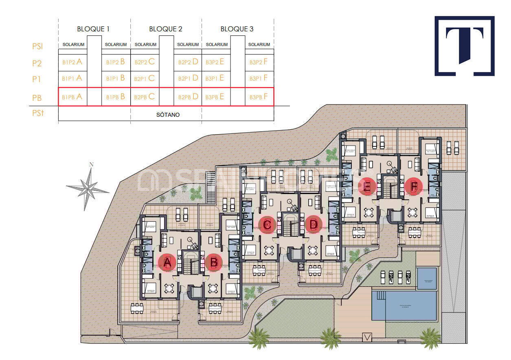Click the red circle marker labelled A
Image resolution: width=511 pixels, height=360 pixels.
(x=167, y=263)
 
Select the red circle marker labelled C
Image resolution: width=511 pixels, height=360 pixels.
(x=268, y=224)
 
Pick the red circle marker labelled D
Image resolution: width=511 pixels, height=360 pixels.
(x=314, y=224)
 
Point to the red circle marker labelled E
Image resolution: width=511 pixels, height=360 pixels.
(x=367, y=187)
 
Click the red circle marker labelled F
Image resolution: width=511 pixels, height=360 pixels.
(x=414, y=187)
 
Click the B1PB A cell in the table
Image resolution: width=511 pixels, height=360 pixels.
(x=72, y=97)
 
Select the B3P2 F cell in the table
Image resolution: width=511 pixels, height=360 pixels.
(x=259, y=62)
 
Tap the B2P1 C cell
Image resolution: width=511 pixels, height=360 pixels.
(x=145, y=78)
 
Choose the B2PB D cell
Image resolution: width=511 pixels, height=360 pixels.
(x=188, y=97)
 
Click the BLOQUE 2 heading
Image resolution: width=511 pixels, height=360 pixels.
(x=166, y=29)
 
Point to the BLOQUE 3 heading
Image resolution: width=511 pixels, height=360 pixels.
(x=237, y=29)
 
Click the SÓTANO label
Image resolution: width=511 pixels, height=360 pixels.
(x=168, y=115)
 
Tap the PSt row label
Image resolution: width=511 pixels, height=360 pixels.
(x=37, y=113)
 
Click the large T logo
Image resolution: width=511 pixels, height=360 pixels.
(x=465, y=46)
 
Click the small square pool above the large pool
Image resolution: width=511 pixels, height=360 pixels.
(x=426, y=278)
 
